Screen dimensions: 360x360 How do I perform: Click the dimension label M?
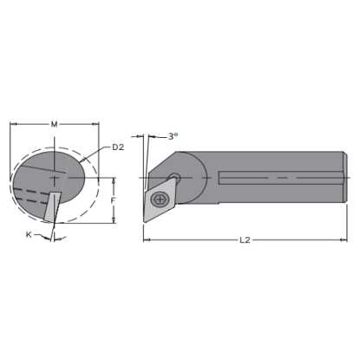55,125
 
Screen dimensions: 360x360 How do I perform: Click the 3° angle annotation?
173,136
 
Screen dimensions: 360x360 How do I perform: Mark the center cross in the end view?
53,177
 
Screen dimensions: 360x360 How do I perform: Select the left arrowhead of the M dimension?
12,125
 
